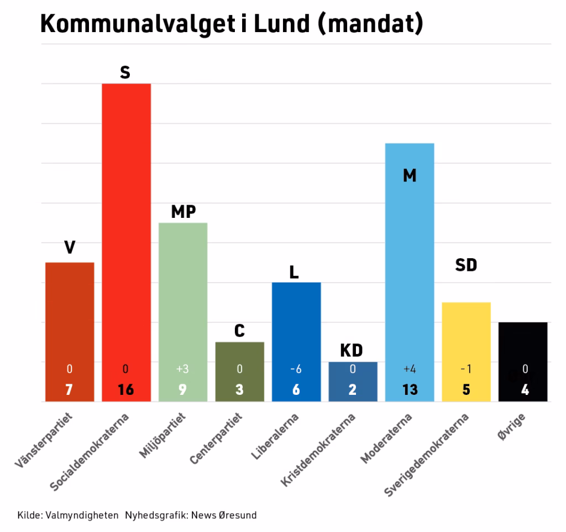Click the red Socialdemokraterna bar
127,242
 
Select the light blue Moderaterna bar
410,272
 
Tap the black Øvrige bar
523,362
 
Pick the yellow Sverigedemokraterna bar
467,352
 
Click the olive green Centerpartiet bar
240,372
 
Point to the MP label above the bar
184,212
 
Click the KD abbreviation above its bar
351,350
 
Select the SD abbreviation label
466,265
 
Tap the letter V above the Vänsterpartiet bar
70,247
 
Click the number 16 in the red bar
125,390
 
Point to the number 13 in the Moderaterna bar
410,390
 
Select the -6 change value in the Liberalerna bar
296,369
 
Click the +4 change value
410,369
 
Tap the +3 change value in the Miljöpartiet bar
182,369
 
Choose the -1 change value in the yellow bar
466,369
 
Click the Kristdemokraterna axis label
318,450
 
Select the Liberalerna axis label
275,436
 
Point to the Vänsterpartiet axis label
44,440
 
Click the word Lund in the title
281,24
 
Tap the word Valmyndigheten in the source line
82,515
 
